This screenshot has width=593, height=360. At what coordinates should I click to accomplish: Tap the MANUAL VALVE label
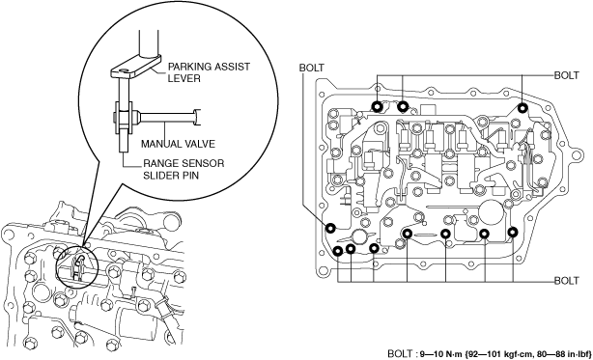pyautogui.click(x=178, y=144)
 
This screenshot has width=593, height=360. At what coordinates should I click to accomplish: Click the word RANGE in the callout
pyautogui.click(x=159, y=163)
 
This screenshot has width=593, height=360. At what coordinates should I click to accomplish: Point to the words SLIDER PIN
pyautogui.click(x=171, y=176)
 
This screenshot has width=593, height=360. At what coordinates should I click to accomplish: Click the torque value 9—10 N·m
pyautogui.click(x=438, y=354)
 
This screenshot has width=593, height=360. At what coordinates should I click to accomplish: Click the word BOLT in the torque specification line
pyautogui.click(x=400, y=354)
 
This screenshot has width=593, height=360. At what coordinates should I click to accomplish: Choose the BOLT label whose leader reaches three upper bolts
pyautogui.click(x=566, y=75)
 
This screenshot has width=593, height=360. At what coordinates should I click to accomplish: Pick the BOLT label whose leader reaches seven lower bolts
pyautogui.click(x=566, y=281)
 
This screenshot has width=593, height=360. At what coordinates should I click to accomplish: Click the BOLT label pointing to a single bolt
pyautogui.click(x=311, y=68)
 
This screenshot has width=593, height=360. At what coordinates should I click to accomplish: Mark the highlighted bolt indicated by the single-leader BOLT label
pyautogui.click(x=331, y=228)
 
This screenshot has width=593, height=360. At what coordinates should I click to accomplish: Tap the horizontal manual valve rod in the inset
pyautogui.click(x=166, y=117)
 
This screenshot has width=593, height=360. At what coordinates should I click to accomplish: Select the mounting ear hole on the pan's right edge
pyautogui.click(x=577, y=154)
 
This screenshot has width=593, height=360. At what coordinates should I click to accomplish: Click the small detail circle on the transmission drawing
pyautogui.click(x=77, y=264)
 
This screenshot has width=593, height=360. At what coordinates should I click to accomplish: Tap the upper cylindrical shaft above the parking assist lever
pyautogui.click(x=148, y=42)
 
